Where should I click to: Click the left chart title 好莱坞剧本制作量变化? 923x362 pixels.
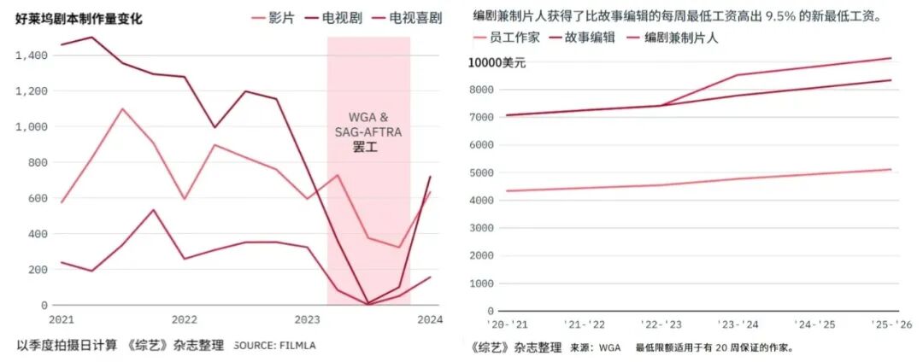79,18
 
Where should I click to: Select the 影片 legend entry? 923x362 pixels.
281,17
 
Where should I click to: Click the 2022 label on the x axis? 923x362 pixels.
185,319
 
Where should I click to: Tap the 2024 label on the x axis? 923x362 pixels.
429,319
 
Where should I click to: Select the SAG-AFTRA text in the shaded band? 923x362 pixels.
367,131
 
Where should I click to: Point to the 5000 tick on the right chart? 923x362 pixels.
483,172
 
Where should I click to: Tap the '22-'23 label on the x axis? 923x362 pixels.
661,325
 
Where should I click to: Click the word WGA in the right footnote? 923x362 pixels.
608,348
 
